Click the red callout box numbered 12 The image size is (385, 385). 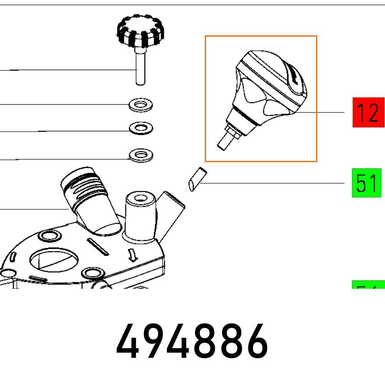(x=368, y=112)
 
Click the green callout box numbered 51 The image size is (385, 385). (x=366, y=183)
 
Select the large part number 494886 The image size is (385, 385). (x=192, y=341)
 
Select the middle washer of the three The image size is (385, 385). (x=141, y=128)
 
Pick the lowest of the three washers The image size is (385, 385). (x=141, y=156)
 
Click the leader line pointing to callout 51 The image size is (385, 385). (x=269, y=184)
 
